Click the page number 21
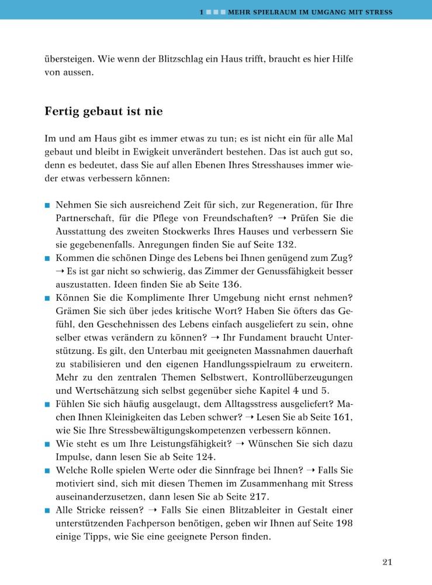click(386, 562)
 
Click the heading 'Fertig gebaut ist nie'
click(103, 111)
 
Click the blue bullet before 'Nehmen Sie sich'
click(47, 205)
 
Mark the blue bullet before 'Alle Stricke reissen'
click(47, 511)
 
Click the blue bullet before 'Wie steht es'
click(47, 445)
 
